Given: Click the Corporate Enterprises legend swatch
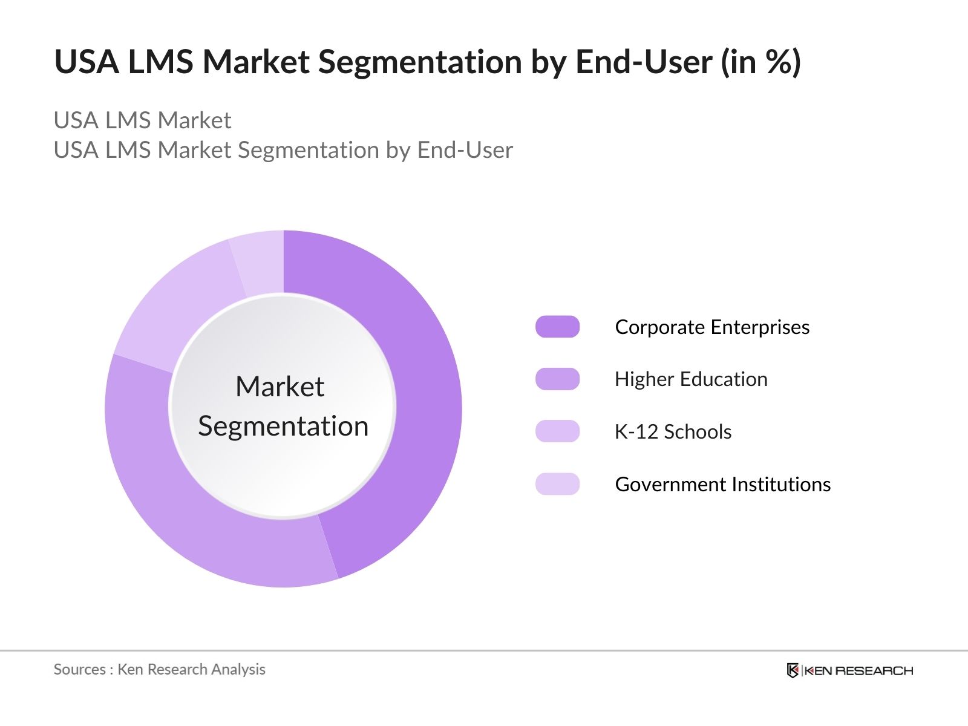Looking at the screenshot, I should pyautogui.click(x=557, y=327).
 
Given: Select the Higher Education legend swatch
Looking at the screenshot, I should pyautogui.click(x=557, y=379).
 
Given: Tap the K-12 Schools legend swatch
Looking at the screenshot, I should pyautogui.click(x=557, y=431).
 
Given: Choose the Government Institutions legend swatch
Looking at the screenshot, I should pyautogui.click(x=557, y=484).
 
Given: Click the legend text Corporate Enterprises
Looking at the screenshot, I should pyautogui.click(x=712, y=327).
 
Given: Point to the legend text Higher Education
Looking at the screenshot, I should pyautogui.click(x=691, y=379).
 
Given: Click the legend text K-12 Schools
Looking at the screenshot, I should pyautogui.click(x=673, y=431).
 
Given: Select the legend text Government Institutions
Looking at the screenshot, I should pyautogui.click(x=722, y=484).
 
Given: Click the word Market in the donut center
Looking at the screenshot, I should pyautogui.click(x=280, y=387).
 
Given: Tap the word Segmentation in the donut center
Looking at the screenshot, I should pyautogui.click(x=283, y=426).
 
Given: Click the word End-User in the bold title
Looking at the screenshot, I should pyautogui.click(x=644, y=62).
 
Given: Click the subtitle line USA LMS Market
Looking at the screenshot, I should pyautogui.click(x=142, y=120).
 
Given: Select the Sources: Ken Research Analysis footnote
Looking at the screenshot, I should pyautogui.click(x=159, y=669).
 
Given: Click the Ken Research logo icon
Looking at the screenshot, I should pyautogui.click(x=792, y=670).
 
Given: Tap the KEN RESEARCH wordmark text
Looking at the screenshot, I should pyautogui.click(x=858, y=670).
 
